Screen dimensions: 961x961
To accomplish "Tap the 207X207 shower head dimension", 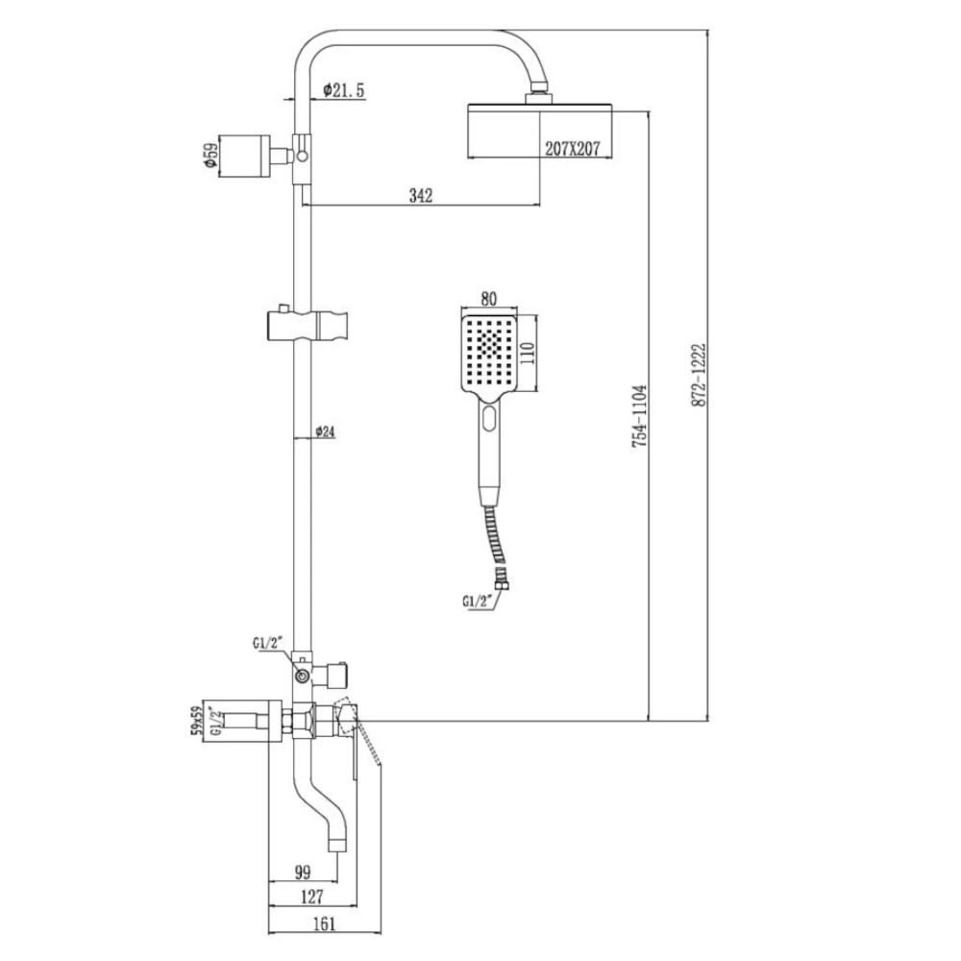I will coord(573,148).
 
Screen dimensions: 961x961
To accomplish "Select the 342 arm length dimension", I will coord(421,195).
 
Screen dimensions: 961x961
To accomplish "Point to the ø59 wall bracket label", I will coord(209,157).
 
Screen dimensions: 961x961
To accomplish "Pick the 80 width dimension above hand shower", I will coord(488,298).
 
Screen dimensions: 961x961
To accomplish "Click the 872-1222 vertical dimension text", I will coord(699,375).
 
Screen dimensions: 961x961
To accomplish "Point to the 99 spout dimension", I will coord(302,872).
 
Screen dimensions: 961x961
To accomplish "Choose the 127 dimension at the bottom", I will coord(310,898).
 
